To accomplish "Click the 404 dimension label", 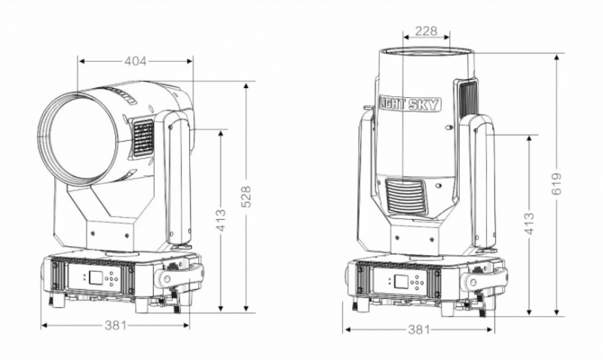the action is coord(136,61).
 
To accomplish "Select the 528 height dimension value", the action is coord(246,197).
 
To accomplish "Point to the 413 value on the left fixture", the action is coord(221,220).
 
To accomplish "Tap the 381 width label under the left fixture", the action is coord(115,325).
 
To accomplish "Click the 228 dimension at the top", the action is coord(427,31).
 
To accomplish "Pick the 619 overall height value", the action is coord(556,184).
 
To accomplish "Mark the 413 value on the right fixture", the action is coord(530,224).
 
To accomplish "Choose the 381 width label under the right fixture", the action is coord(418,329).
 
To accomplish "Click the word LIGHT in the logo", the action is coord(393,103).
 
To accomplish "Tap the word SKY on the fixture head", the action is coord(424,105).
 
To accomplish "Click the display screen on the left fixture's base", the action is coord(95,277).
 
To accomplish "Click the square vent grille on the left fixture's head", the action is coord(143,138).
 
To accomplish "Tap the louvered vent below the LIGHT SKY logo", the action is coord(406,197).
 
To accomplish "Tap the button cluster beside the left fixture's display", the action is coord(111,279).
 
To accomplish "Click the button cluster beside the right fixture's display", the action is coord(416,283).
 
